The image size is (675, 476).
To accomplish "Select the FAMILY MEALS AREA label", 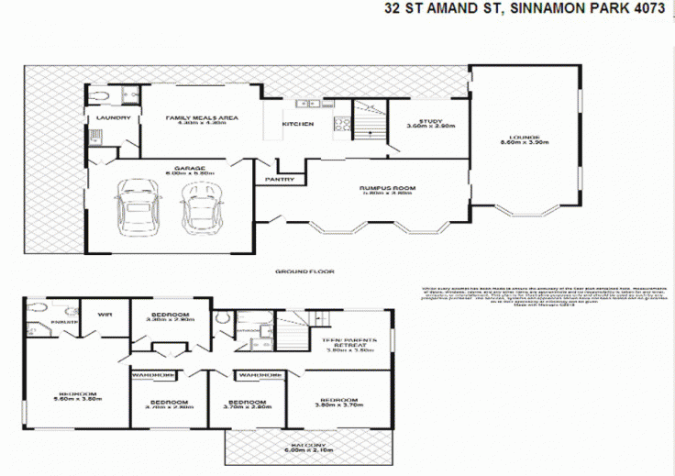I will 201,119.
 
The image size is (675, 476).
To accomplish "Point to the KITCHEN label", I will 297,124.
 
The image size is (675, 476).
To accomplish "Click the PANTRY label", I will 280,179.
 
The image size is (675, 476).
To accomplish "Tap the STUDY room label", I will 430,123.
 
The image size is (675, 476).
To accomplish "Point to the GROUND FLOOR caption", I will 304,271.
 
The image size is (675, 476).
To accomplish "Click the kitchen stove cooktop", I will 341,124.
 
